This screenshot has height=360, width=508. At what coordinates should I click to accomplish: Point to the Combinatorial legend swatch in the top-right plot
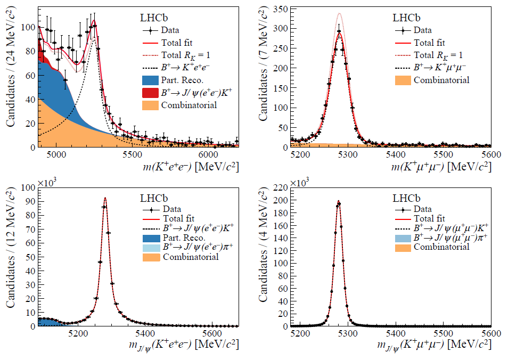click(403, 80)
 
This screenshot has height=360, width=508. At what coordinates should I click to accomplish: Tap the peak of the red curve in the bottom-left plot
click(105, 198)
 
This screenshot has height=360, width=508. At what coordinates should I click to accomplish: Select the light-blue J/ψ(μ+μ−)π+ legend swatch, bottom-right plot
click(403, 238)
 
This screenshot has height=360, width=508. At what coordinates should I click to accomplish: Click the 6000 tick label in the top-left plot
click(207, 155)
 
